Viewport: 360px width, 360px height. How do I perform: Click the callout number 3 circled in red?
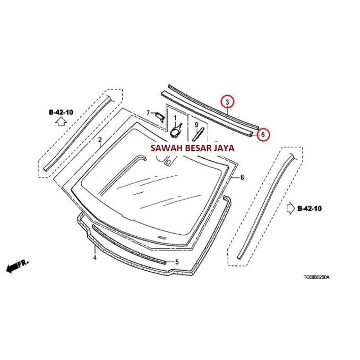click(x=227, y=102)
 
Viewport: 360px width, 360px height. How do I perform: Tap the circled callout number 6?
click(x=263, y=135)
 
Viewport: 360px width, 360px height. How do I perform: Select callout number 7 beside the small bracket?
click(x=148, y=113)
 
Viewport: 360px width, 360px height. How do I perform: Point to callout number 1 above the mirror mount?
click(x=175, y=118)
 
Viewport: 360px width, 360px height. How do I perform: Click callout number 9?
click(x=196, y=125)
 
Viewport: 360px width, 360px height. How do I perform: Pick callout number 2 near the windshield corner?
click(x=100, y=140)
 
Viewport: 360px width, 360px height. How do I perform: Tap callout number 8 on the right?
click(x=242, y=177)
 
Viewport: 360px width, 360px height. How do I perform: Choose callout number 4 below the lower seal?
click(x=95, y=258)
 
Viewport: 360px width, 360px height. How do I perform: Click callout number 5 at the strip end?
click(x=177, y=262)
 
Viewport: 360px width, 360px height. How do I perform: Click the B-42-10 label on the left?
click(x=61, y=113)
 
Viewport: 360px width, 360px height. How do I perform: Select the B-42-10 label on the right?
click(x=310, y=209)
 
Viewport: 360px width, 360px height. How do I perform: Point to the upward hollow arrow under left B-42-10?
click(x=61, y=122)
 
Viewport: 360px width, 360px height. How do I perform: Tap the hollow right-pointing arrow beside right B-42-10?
click(x=291, y=208)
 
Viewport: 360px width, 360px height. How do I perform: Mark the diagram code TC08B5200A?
click(x=316, y=277)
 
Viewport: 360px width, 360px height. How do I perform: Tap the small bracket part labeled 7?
click(x=160, y=117)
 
